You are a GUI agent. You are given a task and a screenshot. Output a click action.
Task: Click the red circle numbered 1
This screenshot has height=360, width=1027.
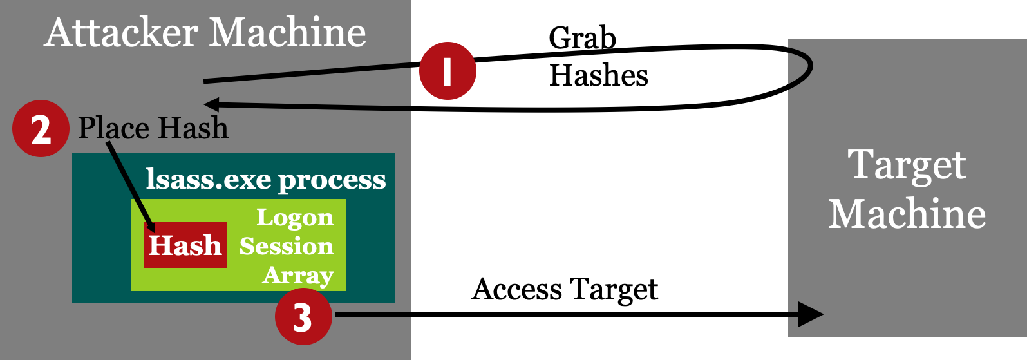pos(447,71)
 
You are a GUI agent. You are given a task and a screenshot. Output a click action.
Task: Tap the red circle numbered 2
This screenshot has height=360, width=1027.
pos(41,129)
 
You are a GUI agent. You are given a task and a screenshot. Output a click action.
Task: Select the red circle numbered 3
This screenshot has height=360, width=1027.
pos(303,316)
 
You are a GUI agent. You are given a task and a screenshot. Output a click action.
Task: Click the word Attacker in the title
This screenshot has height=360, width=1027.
pos(122,33)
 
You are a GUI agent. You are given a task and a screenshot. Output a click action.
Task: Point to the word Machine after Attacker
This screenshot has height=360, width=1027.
pos(288,33)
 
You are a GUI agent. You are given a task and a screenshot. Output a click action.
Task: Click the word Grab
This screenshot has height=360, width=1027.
pos(582,39)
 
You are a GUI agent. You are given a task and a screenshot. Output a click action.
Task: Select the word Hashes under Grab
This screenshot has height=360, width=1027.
pos(598,75)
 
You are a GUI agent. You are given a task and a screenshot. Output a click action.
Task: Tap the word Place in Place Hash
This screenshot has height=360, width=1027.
pos(114,128)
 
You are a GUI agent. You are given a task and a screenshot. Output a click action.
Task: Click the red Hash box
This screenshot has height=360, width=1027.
pos(185,245)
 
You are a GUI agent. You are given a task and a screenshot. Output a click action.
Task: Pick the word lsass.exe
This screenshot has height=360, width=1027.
pos(208,180)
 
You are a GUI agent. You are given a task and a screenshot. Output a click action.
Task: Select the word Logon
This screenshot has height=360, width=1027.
pos(295,218)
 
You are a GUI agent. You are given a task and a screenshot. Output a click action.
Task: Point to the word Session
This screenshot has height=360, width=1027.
pos(287,246)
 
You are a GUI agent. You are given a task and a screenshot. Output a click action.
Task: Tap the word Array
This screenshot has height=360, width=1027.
pos(298,275)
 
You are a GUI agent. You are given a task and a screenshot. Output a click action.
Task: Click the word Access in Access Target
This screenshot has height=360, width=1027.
pos(516,289)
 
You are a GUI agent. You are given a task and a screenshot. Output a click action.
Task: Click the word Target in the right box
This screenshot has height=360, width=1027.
pos(907,166)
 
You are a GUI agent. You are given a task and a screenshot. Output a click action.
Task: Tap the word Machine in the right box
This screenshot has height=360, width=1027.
pos(907,214)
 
